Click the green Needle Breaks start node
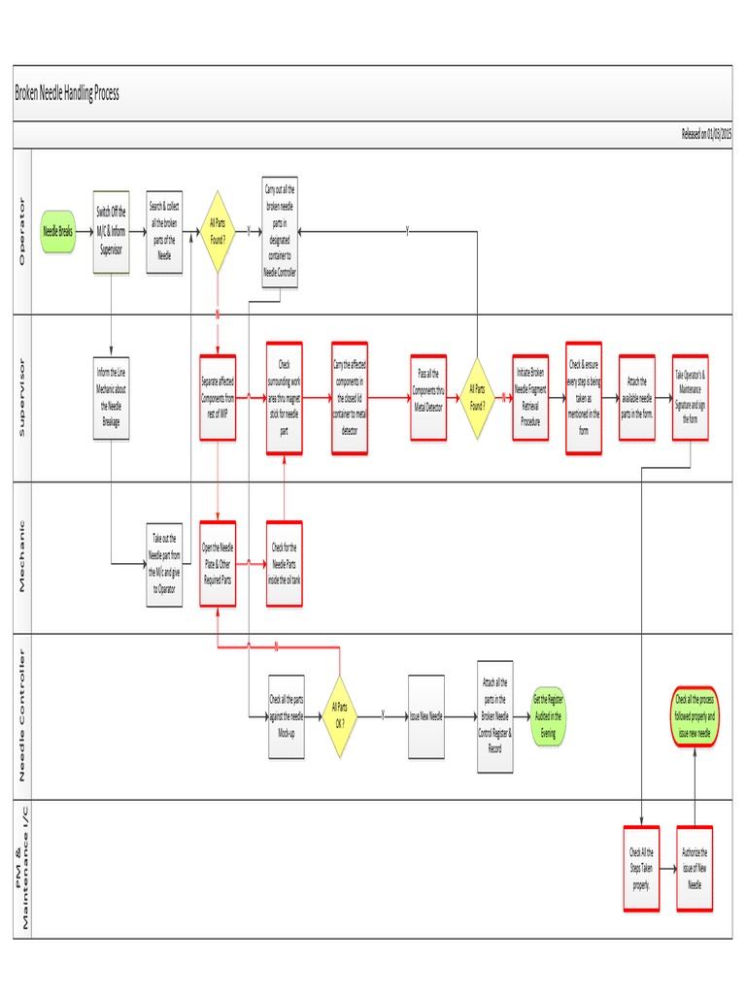tap(57, 233)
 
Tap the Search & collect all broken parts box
tap(164, 232)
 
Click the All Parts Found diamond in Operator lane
tap(218, 232)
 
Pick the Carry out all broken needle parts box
tap(280, 232)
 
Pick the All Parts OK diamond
tap(339, 715)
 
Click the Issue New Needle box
tap(425, 715)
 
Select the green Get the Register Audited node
tap(548, 715)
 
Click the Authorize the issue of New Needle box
tap(695, 867)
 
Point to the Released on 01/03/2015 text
tap(706, 135)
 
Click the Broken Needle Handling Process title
tap(67, 93)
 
